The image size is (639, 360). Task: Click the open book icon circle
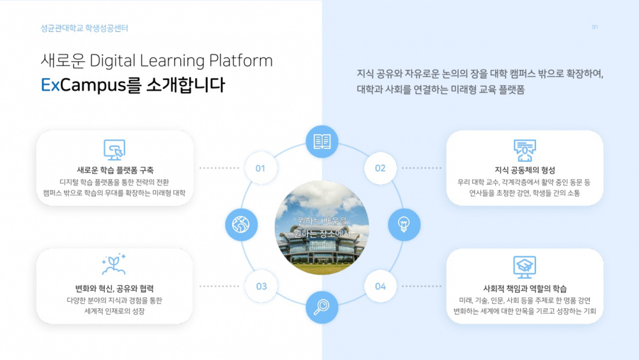tap(322, 142)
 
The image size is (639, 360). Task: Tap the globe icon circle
tap(242, 225)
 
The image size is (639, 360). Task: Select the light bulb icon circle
tap(404, 224)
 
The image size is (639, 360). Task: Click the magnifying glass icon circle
tap(322, 307)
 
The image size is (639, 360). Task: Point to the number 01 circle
tap(261, 168)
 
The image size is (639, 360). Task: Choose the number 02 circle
tap(380, 168)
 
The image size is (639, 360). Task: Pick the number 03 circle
tap(261, 286)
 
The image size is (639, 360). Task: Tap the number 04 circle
tap(380, 286)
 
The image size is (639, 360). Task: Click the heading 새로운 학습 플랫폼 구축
tap(115, 170)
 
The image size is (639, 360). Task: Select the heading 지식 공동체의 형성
tap(525, 170)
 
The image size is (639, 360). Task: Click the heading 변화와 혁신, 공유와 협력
tap(114, 288)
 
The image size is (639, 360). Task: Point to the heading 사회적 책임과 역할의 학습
tap(525, 288)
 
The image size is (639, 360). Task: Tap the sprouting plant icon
tap(114, 265)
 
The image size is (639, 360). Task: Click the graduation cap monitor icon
tap(525, 265)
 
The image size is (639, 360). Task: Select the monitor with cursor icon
tap(114, 150)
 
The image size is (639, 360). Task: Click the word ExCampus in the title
tap(80, 86)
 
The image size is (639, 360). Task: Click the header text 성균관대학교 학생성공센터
tap(84, 28)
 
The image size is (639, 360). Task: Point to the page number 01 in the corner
tap(595, 27)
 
